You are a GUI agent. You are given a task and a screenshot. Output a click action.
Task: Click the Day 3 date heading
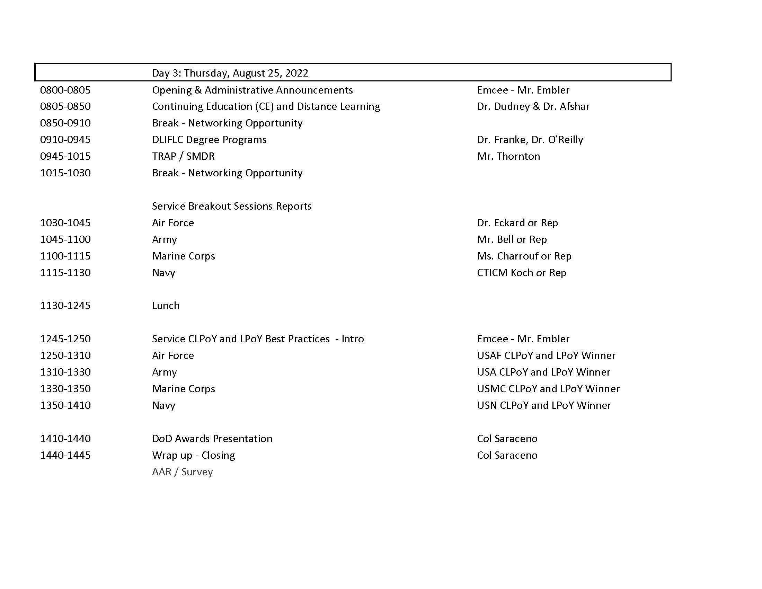coord(230,73)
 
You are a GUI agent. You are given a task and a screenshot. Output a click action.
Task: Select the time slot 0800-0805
coord(65,90)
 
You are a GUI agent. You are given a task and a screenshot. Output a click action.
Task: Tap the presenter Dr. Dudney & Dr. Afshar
coord(533,106)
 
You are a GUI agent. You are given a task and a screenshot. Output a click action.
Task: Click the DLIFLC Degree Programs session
coord(209,140)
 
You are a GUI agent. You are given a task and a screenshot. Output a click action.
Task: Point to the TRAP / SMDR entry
coord(183,156)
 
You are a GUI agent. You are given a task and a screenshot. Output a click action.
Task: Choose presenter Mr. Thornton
coord(508,156)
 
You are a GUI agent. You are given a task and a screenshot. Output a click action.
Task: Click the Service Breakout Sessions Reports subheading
coord(232,206)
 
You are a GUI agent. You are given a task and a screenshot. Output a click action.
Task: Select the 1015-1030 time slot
coord(65,173)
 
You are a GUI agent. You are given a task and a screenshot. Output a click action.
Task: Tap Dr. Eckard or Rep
coord(517,223)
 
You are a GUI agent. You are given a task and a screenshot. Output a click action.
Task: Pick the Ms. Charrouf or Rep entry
coord(524,256)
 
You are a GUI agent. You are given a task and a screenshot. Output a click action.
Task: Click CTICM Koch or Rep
coord(521,273)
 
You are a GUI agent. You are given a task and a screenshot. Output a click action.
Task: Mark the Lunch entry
coord(166,306)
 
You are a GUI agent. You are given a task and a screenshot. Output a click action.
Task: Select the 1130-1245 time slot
coord(65,306)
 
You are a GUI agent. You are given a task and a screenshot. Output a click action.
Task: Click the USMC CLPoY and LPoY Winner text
coord(548,389)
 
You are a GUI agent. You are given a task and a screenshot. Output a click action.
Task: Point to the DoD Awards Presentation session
coord(212,439)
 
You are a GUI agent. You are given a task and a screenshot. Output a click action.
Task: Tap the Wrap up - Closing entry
coord(193,455)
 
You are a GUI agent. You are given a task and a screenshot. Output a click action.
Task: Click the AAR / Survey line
coord(182,472)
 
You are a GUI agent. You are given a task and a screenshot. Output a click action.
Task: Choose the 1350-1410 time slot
coord(65,405)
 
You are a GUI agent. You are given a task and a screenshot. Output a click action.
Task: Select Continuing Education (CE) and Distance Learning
coord(266,106)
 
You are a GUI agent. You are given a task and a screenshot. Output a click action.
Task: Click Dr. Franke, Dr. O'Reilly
coord(530,140)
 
